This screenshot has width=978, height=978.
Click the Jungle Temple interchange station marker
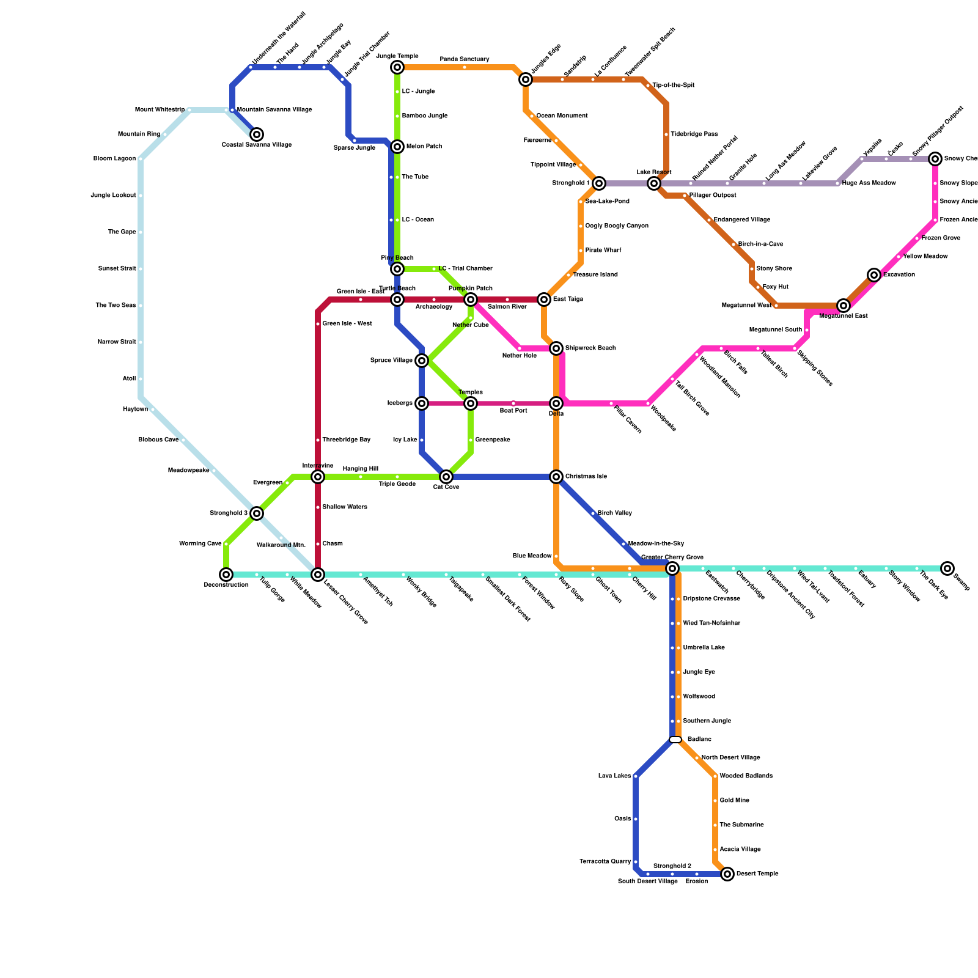coord(397,67)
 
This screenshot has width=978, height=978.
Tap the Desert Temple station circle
coord(727,874)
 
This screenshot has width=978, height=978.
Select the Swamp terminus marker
coord(947,568)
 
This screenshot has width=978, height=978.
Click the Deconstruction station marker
coord(226,575)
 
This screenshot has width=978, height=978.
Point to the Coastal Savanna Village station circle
coord(257,134)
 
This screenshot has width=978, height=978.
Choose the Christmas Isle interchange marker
coord(556,477)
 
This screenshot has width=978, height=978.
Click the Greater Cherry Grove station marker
coord(672,568)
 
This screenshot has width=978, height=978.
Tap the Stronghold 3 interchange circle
coord(257,513)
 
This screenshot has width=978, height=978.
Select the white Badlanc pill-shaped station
coord(675,740)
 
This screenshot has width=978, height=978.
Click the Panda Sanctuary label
coord(465,59)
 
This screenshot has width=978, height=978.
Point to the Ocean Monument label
coord(562,116)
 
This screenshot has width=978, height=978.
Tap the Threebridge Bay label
coord(346,439)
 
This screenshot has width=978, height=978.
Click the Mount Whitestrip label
coord(160,110)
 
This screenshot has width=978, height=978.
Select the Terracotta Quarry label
coord(605,862)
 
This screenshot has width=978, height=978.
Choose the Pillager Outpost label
coord(713,196)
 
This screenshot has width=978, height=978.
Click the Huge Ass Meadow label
coord(869,183)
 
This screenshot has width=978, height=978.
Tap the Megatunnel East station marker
coord(844,306)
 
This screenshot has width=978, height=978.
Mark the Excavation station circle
coord(874,275)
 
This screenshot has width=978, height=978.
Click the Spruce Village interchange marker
coord(422,361)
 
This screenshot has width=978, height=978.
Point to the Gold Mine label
coord(734,801)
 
